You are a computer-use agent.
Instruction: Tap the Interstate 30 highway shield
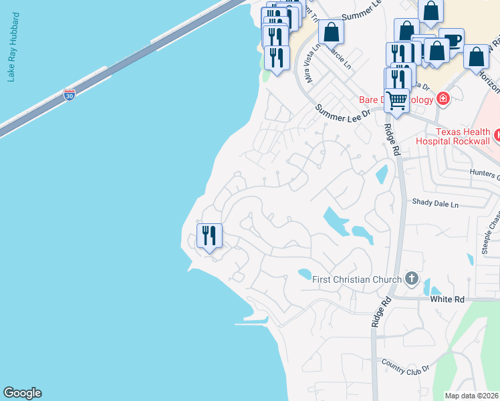[70, 95]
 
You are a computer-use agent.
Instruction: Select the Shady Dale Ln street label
[436, 203]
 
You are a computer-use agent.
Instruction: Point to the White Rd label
[447, 299]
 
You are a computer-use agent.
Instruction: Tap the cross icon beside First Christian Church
[412, 278]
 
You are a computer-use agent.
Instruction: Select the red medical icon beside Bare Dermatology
[442, 99]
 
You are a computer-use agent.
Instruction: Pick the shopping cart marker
[396, 101]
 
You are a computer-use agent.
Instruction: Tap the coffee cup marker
[452, 39]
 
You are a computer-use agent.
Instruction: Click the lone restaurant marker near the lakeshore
[209, 235]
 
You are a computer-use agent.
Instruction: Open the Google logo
[22, 393]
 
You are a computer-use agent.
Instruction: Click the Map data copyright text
[472, 396]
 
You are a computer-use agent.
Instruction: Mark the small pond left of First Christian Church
[304, 273]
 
